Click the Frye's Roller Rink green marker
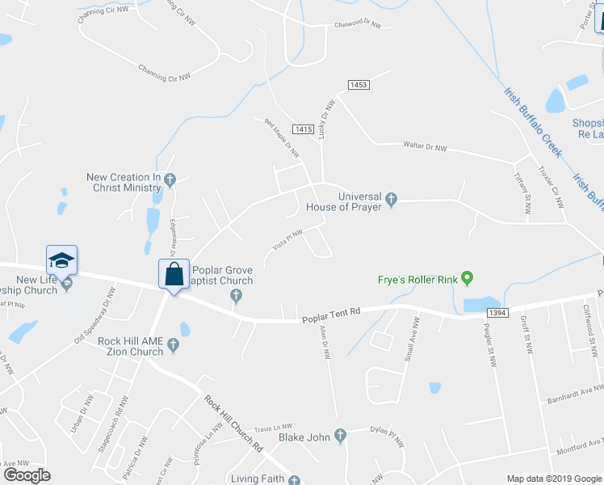[466, 280]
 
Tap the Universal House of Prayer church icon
[391, 199]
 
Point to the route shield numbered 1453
[359, 85]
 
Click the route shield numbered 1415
[304, 129]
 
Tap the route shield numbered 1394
[497, 312]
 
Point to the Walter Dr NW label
[425, 146]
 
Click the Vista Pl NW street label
[287, 240]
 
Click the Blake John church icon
[340, 436]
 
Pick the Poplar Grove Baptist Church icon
[236, 294]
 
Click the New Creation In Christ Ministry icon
[169, 179]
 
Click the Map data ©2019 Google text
[553, 479]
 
